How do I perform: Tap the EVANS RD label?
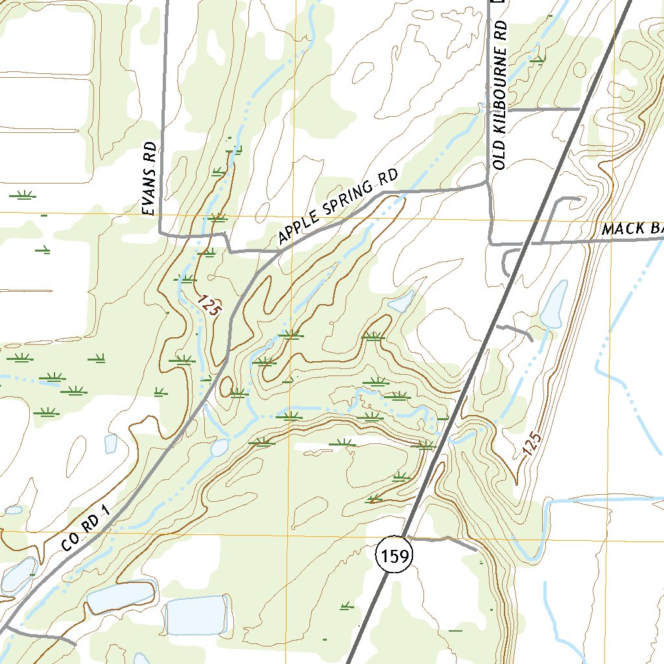(x=150, y=180)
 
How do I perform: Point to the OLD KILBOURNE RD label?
(x=500, y=97)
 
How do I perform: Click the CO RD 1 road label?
(x=88, y=530)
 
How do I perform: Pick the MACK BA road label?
(x=632, y=228)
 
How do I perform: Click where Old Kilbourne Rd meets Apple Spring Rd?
(x=487, y=184)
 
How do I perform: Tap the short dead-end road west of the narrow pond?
(x=516, y=330)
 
